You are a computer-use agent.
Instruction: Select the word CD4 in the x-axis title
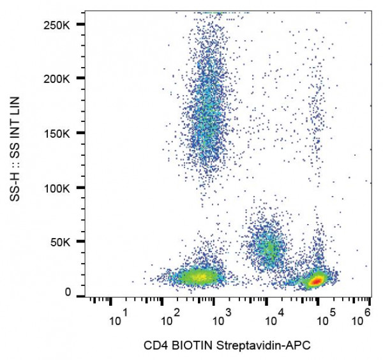167,346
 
